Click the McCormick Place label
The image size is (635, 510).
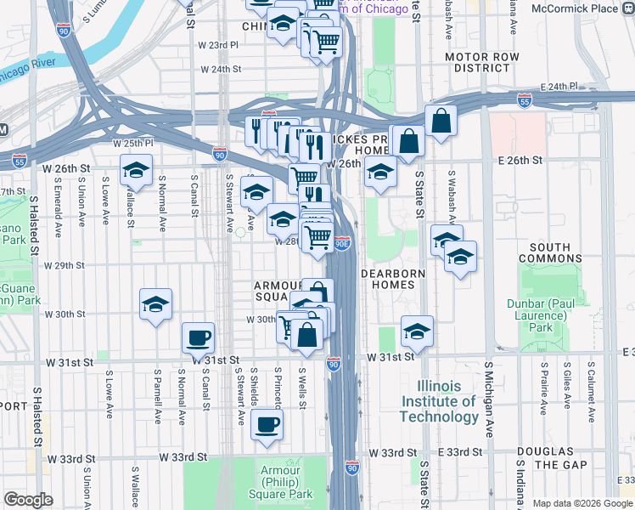[587, 8]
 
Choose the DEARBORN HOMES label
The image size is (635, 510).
[388, 280]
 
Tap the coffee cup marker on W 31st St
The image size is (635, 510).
[199, 337]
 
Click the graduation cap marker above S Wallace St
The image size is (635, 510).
[136, 173]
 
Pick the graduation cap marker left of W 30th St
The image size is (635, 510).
[156, 304]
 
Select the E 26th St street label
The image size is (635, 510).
[520, 161]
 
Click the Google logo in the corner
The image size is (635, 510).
[28, 500]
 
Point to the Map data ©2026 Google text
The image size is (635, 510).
[582, 503]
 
